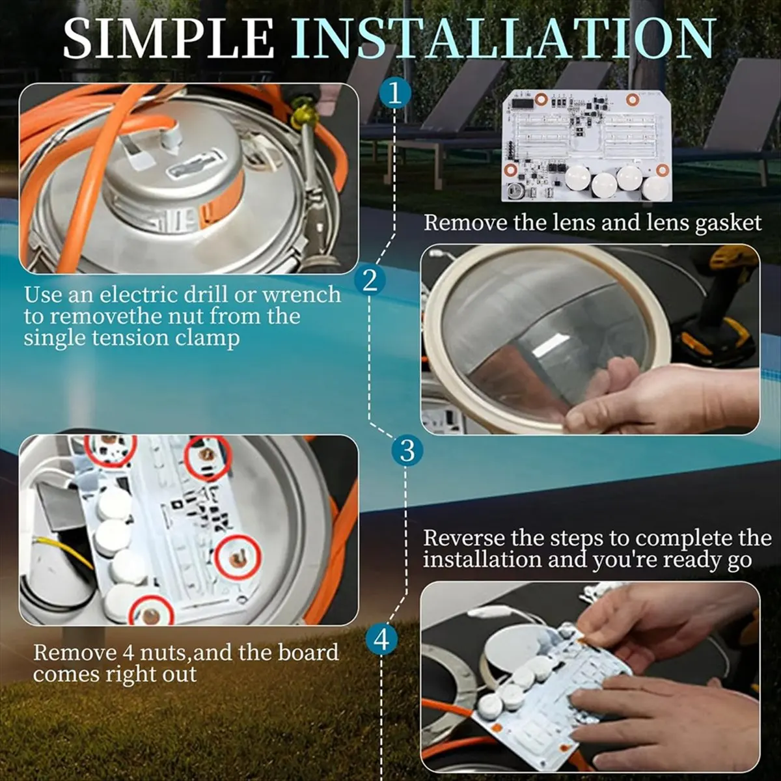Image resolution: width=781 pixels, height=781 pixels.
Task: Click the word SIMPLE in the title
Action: click(169, 38)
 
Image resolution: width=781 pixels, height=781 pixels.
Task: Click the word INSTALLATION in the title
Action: click(503, 38)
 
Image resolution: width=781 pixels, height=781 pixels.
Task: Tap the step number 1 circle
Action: click(395, 94)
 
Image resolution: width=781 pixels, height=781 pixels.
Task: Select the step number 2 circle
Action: click(370, 281)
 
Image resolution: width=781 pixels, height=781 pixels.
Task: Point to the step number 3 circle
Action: click(407, 450)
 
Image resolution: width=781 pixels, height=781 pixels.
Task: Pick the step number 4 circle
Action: click(381, 640)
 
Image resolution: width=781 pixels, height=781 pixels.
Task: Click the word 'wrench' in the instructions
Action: click(301, 295)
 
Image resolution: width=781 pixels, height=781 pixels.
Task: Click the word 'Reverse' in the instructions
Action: click(465, 538)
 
